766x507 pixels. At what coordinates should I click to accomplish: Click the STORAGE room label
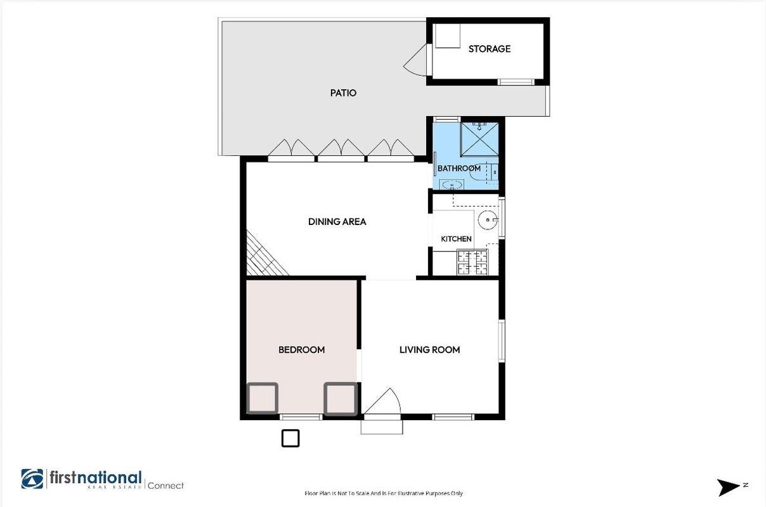490,49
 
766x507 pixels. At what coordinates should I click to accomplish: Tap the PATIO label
343,93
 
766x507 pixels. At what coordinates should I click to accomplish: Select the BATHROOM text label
459,168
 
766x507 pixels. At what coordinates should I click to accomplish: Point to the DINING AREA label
337,222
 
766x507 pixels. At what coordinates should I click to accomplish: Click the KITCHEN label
456,239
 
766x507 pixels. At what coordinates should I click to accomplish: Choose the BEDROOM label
302,350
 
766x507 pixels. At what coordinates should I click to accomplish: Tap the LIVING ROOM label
429,350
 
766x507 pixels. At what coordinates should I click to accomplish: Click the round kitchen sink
488,220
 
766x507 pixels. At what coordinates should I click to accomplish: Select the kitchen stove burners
472,262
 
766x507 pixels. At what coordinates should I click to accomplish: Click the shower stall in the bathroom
479,139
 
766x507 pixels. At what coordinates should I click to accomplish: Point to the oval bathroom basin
451,184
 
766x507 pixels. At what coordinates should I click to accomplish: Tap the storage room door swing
415,60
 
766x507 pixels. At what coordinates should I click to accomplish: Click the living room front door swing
382,401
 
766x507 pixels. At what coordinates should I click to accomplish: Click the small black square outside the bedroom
290,439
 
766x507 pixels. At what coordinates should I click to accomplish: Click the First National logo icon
32,478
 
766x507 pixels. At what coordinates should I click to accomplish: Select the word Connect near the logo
166,485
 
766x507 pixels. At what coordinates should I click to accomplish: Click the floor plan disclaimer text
384,493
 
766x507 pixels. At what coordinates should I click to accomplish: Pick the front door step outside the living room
382,427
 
